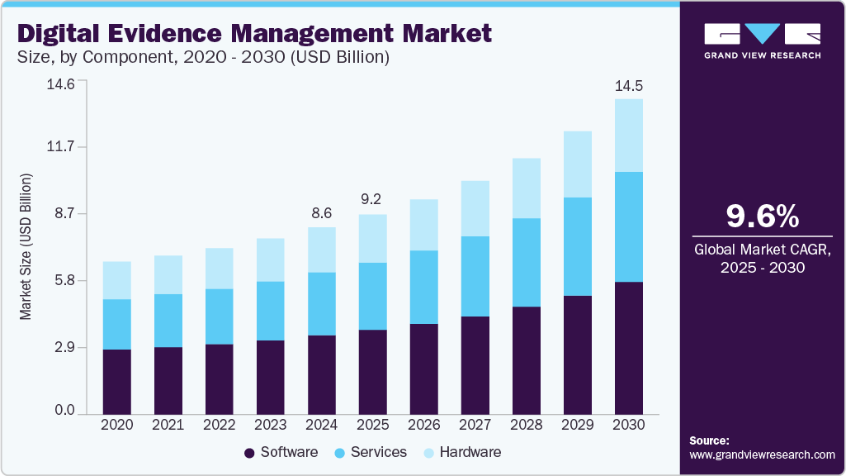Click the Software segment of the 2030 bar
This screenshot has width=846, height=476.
(628, 347)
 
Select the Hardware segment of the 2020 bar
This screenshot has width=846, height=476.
(116, 280)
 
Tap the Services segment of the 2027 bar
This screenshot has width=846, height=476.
(475, 276)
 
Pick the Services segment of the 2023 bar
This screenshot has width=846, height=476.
(270, 311)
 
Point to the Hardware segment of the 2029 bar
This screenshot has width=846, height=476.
(577, 164)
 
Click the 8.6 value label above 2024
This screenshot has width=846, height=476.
(321, 213)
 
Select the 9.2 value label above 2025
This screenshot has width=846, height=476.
(372, 199)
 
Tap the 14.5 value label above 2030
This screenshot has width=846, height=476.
(628, 86)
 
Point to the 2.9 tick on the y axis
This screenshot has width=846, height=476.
(64, 348)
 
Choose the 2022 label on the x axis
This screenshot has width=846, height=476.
(219, 424)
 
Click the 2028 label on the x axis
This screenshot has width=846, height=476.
(526, 424)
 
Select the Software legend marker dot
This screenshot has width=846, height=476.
(249, 453)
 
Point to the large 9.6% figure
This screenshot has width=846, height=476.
(762, 216)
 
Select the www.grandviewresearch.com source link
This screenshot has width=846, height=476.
(762, 455)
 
